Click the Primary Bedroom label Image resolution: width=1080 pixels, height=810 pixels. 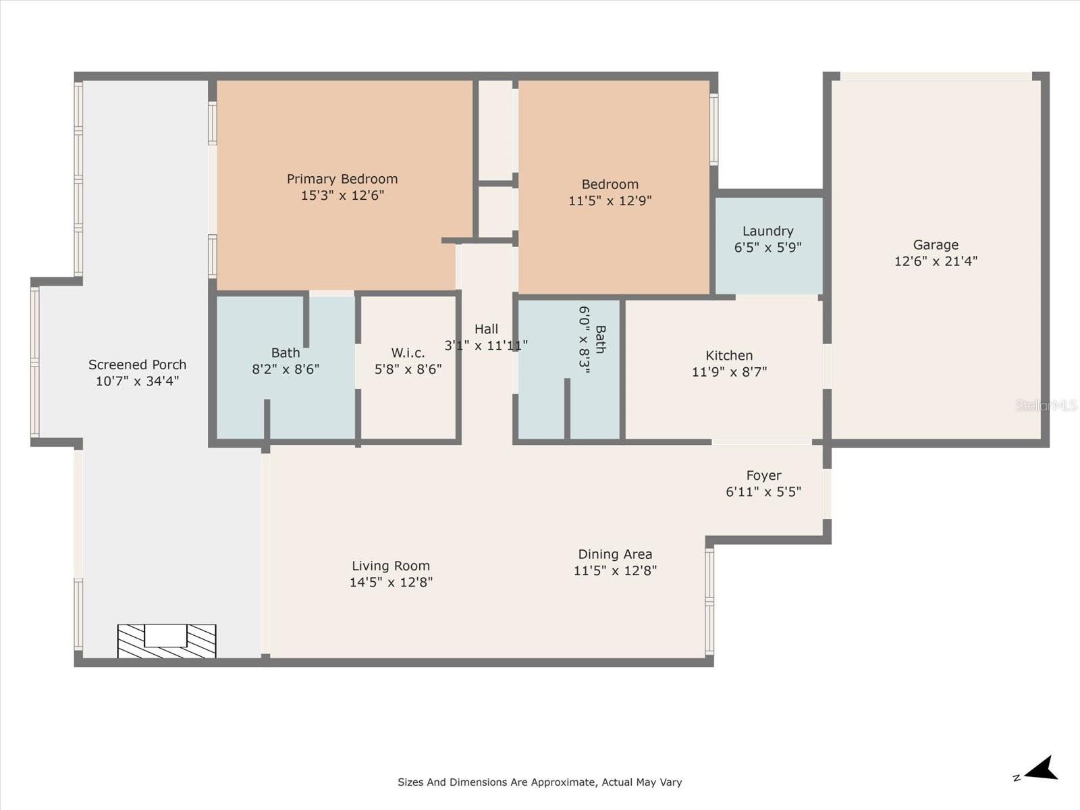point(342,179)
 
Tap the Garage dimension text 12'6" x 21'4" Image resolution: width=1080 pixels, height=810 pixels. point(936,261)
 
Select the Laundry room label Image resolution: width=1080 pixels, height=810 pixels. point(767,231)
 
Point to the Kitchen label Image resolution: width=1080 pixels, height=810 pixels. point(729,356)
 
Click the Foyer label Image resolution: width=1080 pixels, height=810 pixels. point(763,475)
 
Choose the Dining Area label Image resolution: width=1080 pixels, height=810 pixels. point(615,554)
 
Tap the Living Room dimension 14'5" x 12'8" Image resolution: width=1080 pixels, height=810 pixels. point(391,583)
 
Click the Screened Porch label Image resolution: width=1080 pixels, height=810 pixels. point(137,364)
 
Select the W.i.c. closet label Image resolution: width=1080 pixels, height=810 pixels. point(408,353)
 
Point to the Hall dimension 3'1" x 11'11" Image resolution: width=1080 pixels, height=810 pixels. point(486,346)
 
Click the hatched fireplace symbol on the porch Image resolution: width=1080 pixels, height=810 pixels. point(167,641)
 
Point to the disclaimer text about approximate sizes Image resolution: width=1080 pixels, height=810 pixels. point(539,782)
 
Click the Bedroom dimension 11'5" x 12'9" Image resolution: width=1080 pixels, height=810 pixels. point(610,200)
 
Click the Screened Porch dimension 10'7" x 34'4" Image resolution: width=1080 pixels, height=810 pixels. point(137,381)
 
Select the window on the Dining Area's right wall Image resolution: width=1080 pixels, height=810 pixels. point(709,601)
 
